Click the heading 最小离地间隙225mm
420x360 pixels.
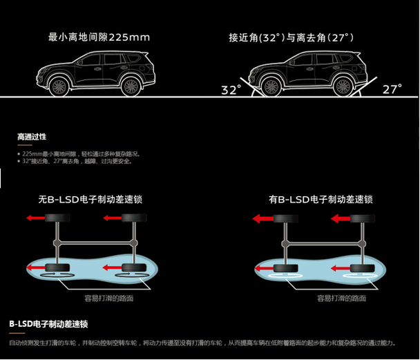[99, 37]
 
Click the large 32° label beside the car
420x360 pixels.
[231, 90]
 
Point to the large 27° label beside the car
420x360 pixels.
[392, 89]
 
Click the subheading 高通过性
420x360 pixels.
[31, 137]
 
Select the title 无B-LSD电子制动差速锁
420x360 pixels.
[95, 200]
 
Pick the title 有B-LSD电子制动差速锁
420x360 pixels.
[321, 200]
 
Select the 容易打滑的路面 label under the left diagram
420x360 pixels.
[108, 299]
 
